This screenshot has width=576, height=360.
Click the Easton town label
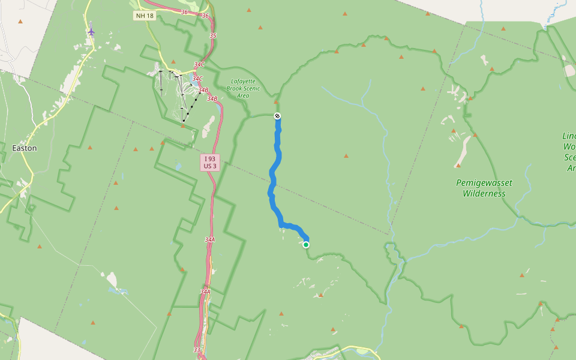[x=25, y=148]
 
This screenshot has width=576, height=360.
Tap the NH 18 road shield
[x=145, y=16]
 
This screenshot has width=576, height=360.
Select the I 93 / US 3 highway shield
[x=209, y=163]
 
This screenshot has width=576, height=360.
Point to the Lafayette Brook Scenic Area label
[x=243, y=88]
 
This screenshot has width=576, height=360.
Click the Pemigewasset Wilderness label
[x=484, y=188]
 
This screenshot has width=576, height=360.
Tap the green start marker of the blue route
[x=306, y=244]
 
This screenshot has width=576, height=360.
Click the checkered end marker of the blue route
[x=277, y=116]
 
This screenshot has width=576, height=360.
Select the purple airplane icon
[x=91, y=31]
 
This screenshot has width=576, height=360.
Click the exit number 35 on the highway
[x=213, y=36]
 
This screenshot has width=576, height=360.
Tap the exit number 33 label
[x=197, y=350]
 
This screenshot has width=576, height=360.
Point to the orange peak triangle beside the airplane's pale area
[x=20, y=22]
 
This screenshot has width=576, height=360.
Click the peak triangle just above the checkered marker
[x=276, y=102]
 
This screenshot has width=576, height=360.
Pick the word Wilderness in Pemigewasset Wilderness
[x=484, y=194]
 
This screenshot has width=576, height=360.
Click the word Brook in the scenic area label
[x=235, y=88]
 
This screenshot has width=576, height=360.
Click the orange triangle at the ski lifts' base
[x=183, y=126]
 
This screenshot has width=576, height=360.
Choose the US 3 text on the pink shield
[x=209, y=166]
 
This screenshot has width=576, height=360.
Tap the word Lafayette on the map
[x=243, y=81]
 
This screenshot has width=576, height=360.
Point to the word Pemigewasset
[x=484, y=182]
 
